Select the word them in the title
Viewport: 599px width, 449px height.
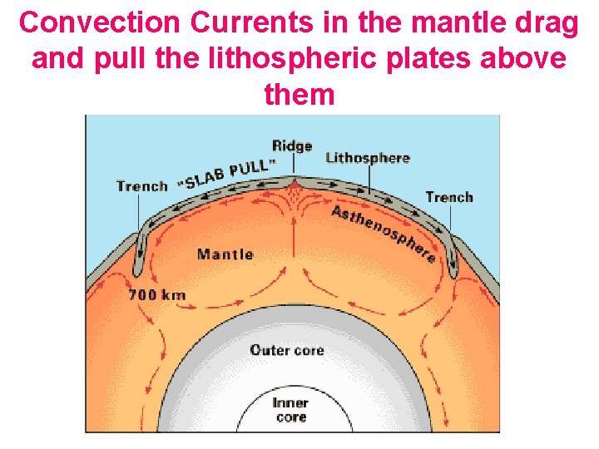[299, 95]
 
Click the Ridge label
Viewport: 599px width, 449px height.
[292, 146]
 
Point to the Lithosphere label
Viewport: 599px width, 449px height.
[368, 158]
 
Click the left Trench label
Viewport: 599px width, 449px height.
[141, 185]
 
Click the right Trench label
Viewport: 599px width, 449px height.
[449, 197]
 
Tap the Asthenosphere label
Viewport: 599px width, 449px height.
[384, 233]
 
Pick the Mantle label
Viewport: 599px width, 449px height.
[225, 254]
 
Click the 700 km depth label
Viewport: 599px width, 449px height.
[157, 294]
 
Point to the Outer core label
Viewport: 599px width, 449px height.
[287, 349]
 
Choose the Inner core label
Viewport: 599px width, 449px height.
[290, 410]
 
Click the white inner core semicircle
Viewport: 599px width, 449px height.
[291, 424]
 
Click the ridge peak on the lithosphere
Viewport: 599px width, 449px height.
[294, 178]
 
